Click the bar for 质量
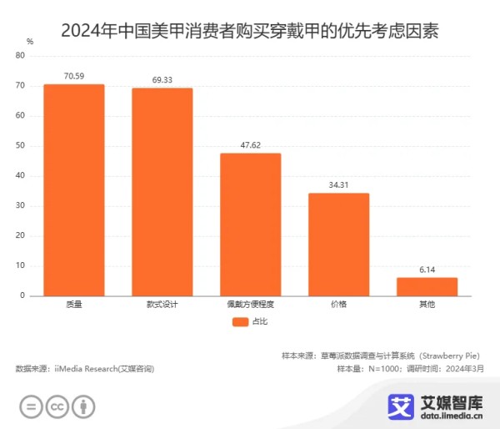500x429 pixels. tap(74, 190)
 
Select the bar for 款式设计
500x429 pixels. tap(162, 192)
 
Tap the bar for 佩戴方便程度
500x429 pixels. tap(250, 225)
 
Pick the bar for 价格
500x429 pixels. tap(338, 245)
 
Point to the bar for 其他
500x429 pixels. tap(427, 286)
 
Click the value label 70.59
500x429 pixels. tap(74, 76)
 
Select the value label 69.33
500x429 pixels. tap(162, 79)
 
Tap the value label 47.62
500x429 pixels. tap(250, 144)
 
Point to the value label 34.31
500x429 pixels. tap(338, 184)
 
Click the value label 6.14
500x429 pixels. tap(427, 269)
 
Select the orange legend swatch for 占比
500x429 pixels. tap(240, 321)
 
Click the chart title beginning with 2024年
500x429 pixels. tap(250, 32)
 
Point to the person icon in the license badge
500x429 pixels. tap(82, 407)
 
